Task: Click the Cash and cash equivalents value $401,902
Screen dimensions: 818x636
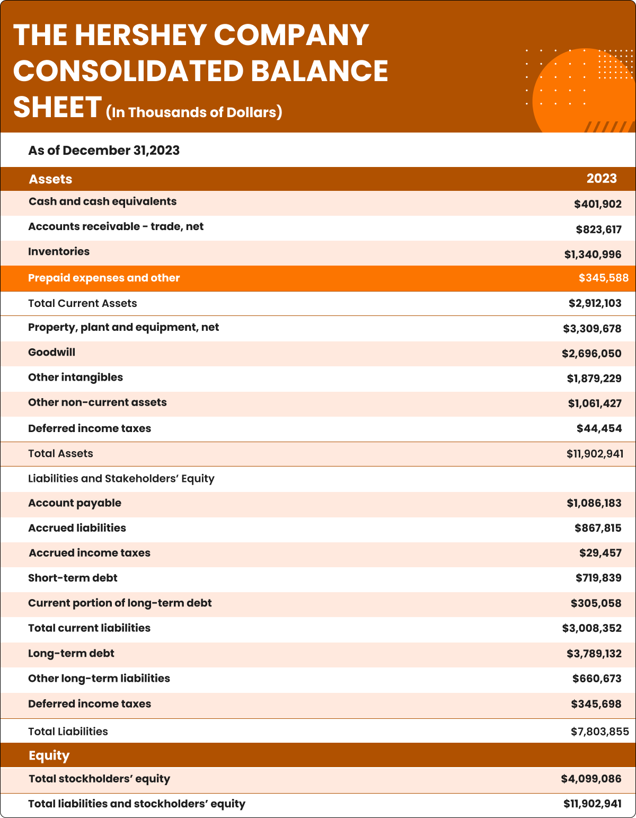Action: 597,204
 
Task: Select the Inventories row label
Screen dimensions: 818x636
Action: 59,252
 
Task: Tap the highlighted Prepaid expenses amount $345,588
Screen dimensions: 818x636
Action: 603,278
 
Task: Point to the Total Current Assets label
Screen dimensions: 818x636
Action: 82,303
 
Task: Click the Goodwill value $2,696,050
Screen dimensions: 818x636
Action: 591,354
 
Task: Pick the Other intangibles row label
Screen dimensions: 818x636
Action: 75,377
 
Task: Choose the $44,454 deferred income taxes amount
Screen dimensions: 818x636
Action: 599,428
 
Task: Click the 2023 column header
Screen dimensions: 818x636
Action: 601,179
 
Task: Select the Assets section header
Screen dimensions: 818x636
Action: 50,179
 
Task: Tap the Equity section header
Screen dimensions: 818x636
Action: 49,755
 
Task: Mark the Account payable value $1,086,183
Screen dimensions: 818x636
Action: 594,503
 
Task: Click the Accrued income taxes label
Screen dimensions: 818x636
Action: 90,553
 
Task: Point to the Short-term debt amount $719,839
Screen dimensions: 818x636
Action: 598,578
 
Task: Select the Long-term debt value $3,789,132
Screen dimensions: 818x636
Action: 594,654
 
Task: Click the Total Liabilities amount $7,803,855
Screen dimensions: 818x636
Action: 599,732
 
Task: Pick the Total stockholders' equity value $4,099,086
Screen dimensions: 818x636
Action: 591,779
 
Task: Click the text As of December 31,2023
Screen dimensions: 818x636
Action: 104,151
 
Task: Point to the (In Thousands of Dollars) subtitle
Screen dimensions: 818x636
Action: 194,112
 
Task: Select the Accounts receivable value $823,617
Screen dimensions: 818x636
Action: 598,230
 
